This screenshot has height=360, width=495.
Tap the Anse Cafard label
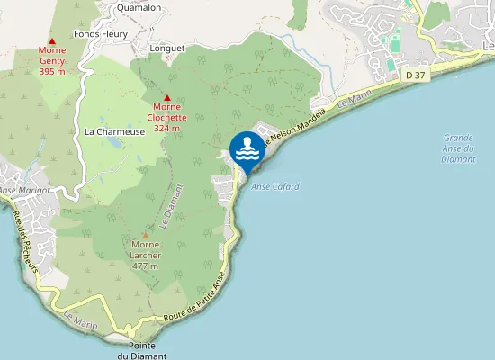[x=274, y=187]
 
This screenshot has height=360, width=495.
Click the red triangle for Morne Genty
[x=52, y=40]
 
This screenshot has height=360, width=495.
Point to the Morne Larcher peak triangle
[x=146, y=235]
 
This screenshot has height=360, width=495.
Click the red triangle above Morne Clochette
[x=167, y=97]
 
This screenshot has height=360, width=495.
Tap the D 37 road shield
[x=415, y=76]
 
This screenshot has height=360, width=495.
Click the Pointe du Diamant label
[x=142, y=351]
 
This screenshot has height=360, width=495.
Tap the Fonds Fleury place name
[x=101, y=34]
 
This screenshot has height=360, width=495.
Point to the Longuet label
[x=168, y=49]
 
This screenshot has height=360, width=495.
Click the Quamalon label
[x=139, y=7]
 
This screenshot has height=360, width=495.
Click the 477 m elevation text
[x=146, y=266]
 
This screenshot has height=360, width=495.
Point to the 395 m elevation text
[x=52, y=71]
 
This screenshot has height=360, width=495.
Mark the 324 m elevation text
[x=167, y=128]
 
